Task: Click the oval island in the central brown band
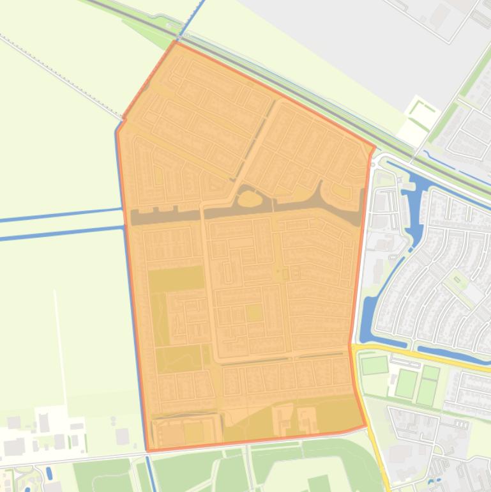250,200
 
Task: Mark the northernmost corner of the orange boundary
176,42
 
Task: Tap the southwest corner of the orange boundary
148,450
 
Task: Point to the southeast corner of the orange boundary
366,425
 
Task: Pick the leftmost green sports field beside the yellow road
374,365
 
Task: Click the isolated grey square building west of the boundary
122,436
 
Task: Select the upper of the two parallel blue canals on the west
61,215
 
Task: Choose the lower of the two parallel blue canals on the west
61,233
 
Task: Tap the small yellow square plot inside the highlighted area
254,312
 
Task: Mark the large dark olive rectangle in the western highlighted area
176,279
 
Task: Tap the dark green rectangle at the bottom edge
319,484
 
